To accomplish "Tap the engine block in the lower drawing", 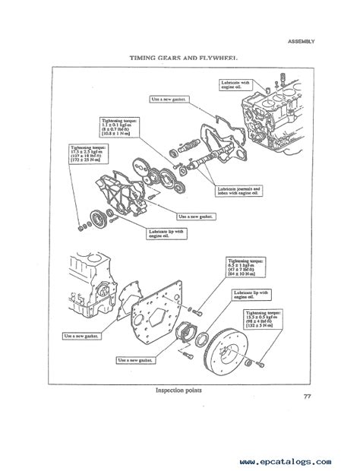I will tap(91, 285).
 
